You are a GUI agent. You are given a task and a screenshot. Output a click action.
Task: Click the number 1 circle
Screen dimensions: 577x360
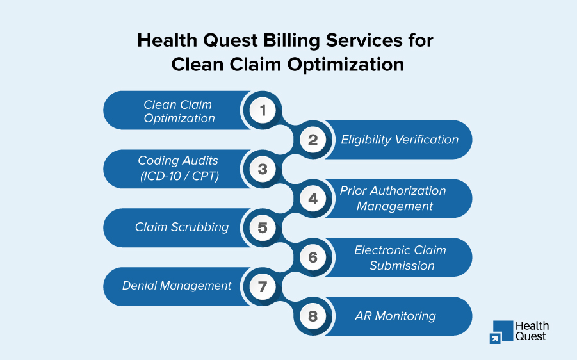point(263,110)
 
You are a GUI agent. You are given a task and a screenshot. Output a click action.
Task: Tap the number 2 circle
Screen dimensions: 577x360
point(313,140)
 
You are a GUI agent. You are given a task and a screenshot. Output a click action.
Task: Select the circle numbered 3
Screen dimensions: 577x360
point(263,169)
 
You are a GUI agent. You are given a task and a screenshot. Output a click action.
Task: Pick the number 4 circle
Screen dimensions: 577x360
point(313,199)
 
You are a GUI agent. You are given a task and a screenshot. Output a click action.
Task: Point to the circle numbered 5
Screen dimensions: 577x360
point(263,228)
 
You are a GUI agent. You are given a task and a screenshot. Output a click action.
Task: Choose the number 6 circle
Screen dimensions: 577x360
point(313,258)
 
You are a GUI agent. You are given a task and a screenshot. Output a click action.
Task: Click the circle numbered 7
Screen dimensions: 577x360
point(263,286)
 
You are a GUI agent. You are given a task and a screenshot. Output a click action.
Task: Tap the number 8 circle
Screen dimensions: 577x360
point(313,316)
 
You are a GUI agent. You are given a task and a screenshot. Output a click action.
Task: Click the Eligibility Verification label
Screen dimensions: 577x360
point(400,140)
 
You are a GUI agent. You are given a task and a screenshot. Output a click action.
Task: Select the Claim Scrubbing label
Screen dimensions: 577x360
point(182,227)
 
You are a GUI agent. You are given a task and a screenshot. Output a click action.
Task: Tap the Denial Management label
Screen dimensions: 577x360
point(177,286)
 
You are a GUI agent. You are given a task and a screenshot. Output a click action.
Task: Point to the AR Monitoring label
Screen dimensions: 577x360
point(395,316)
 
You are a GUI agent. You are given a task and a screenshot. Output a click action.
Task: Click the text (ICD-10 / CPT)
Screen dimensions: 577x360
point(179,176)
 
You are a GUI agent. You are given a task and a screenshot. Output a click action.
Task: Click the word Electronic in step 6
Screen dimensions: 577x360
point(382,250)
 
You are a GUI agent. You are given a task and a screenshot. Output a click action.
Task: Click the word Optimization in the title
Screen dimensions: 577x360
point(346,65)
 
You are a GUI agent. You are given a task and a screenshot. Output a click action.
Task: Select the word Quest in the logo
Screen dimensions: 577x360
point(531,336)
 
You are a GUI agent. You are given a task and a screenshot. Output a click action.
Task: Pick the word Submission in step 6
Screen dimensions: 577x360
point(402,266)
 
